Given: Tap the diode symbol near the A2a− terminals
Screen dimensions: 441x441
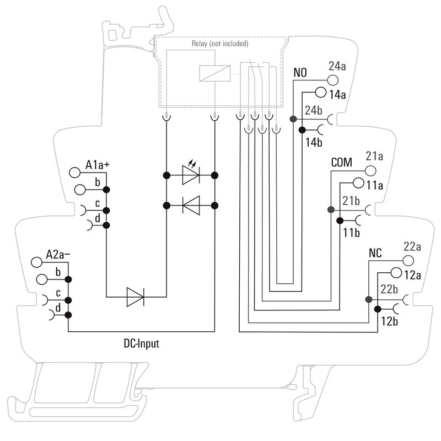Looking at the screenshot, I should point(135,297).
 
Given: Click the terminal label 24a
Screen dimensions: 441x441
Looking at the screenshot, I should point(337,67).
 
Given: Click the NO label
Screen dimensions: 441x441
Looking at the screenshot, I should point(300,73).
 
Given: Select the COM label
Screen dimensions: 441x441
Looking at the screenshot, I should point(342,164).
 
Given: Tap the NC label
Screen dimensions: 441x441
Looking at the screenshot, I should point(376,254).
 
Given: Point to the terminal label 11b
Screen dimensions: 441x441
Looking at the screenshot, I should point(351,233).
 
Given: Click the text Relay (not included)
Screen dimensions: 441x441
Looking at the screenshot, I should point(220,44).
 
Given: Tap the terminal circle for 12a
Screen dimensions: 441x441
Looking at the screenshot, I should point(395,272).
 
